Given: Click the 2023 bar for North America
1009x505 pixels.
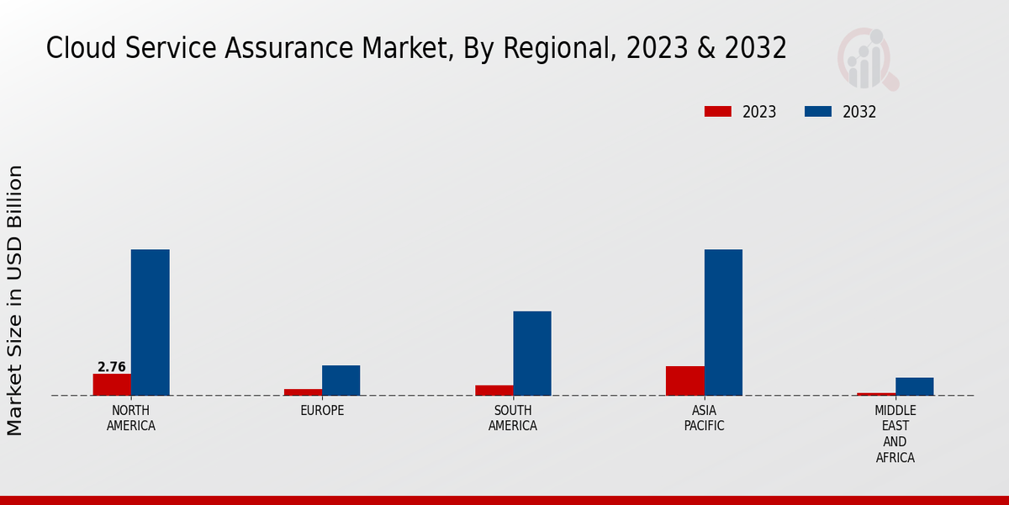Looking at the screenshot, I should point(112,385).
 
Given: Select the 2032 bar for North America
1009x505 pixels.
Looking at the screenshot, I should point(150,322).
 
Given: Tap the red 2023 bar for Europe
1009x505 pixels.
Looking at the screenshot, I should point(303,392).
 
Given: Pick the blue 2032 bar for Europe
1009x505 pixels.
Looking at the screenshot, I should point(341,380).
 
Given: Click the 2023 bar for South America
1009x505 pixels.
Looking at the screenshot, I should point(494,391).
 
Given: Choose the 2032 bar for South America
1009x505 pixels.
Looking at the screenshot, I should point(532,353).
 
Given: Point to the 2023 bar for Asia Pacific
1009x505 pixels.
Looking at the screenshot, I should point(684,380).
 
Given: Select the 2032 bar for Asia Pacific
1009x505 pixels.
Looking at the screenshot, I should point(723,322).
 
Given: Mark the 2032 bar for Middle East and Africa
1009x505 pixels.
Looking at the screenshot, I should point(914,386).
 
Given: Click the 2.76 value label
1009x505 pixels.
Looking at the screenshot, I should point(112,367).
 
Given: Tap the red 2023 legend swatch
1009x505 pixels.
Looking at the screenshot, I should point(717,112).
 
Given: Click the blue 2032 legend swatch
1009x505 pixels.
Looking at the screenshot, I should point(817,112).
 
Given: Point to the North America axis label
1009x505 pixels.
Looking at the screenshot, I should point(131,418).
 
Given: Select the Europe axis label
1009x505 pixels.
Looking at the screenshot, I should point(322,411).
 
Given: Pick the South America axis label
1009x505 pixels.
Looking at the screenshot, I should point(513,418).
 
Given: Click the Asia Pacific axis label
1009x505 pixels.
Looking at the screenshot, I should point(704,418).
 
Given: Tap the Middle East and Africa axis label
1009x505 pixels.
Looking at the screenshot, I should point(895,434).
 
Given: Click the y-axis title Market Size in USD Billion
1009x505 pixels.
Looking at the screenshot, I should point(15,300).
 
